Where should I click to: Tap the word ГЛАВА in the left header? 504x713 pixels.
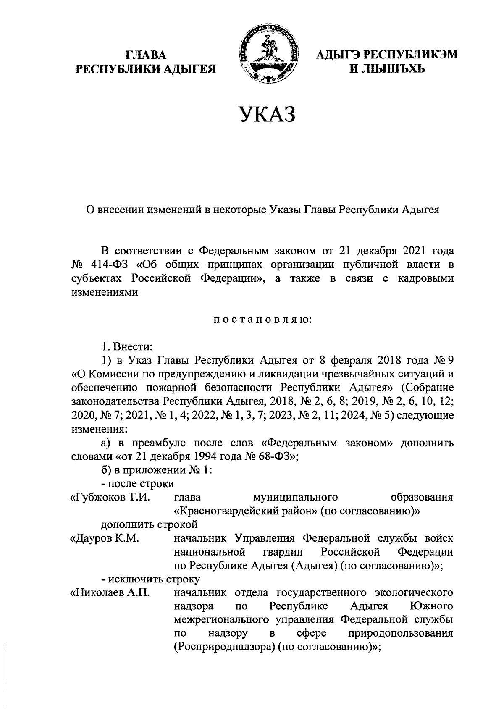[x=145, y=55]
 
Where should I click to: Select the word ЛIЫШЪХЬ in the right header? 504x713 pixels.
[x=394, y=68]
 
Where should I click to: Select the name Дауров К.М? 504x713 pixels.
[x=105, y=538]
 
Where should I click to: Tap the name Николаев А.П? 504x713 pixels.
[x=110, y=593]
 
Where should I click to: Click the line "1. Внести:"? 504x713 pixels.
[x=126, y=347]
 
